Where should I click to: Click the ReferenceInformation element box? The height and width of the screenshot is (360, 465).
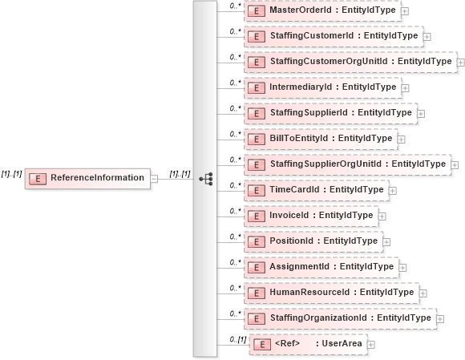(x=88, y=178)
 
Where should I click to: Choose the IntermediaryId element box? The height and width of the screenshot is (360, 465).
(x=322, y=87)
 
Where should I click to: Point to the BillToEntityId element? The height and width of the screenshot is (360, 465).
(x=321, y=139)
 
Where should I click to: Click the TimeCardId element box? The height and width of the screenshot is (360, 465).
(x=317, y=190)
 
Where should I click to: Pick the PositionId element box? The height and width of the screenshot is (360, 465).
(x=313, y=241)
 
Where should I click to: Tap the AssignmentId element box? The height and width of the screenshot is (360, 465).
(x=321, y=267)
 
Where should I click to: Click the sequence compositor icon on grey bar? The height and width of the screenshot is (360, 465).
(x=205, y=178)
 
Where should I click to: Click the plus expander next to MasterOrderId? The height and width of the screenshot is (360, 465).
(x=405, y=11)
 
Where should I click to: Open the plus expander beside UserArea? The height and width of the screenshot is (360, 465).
(x=370, y=345)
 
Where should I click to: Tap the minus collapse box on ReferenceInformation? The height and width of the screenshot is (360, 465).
(x=154, y=178)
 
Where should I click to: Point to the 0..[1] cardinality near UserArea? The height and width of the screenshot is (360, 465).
(x=237, y=340)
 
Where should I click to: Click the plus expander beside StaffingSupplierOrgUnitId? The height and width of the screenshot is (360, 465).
(x=455, y=165)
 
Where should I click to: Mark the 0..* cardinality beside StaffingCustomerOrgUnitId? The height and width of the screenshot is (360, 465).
(x=236, y=57)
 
